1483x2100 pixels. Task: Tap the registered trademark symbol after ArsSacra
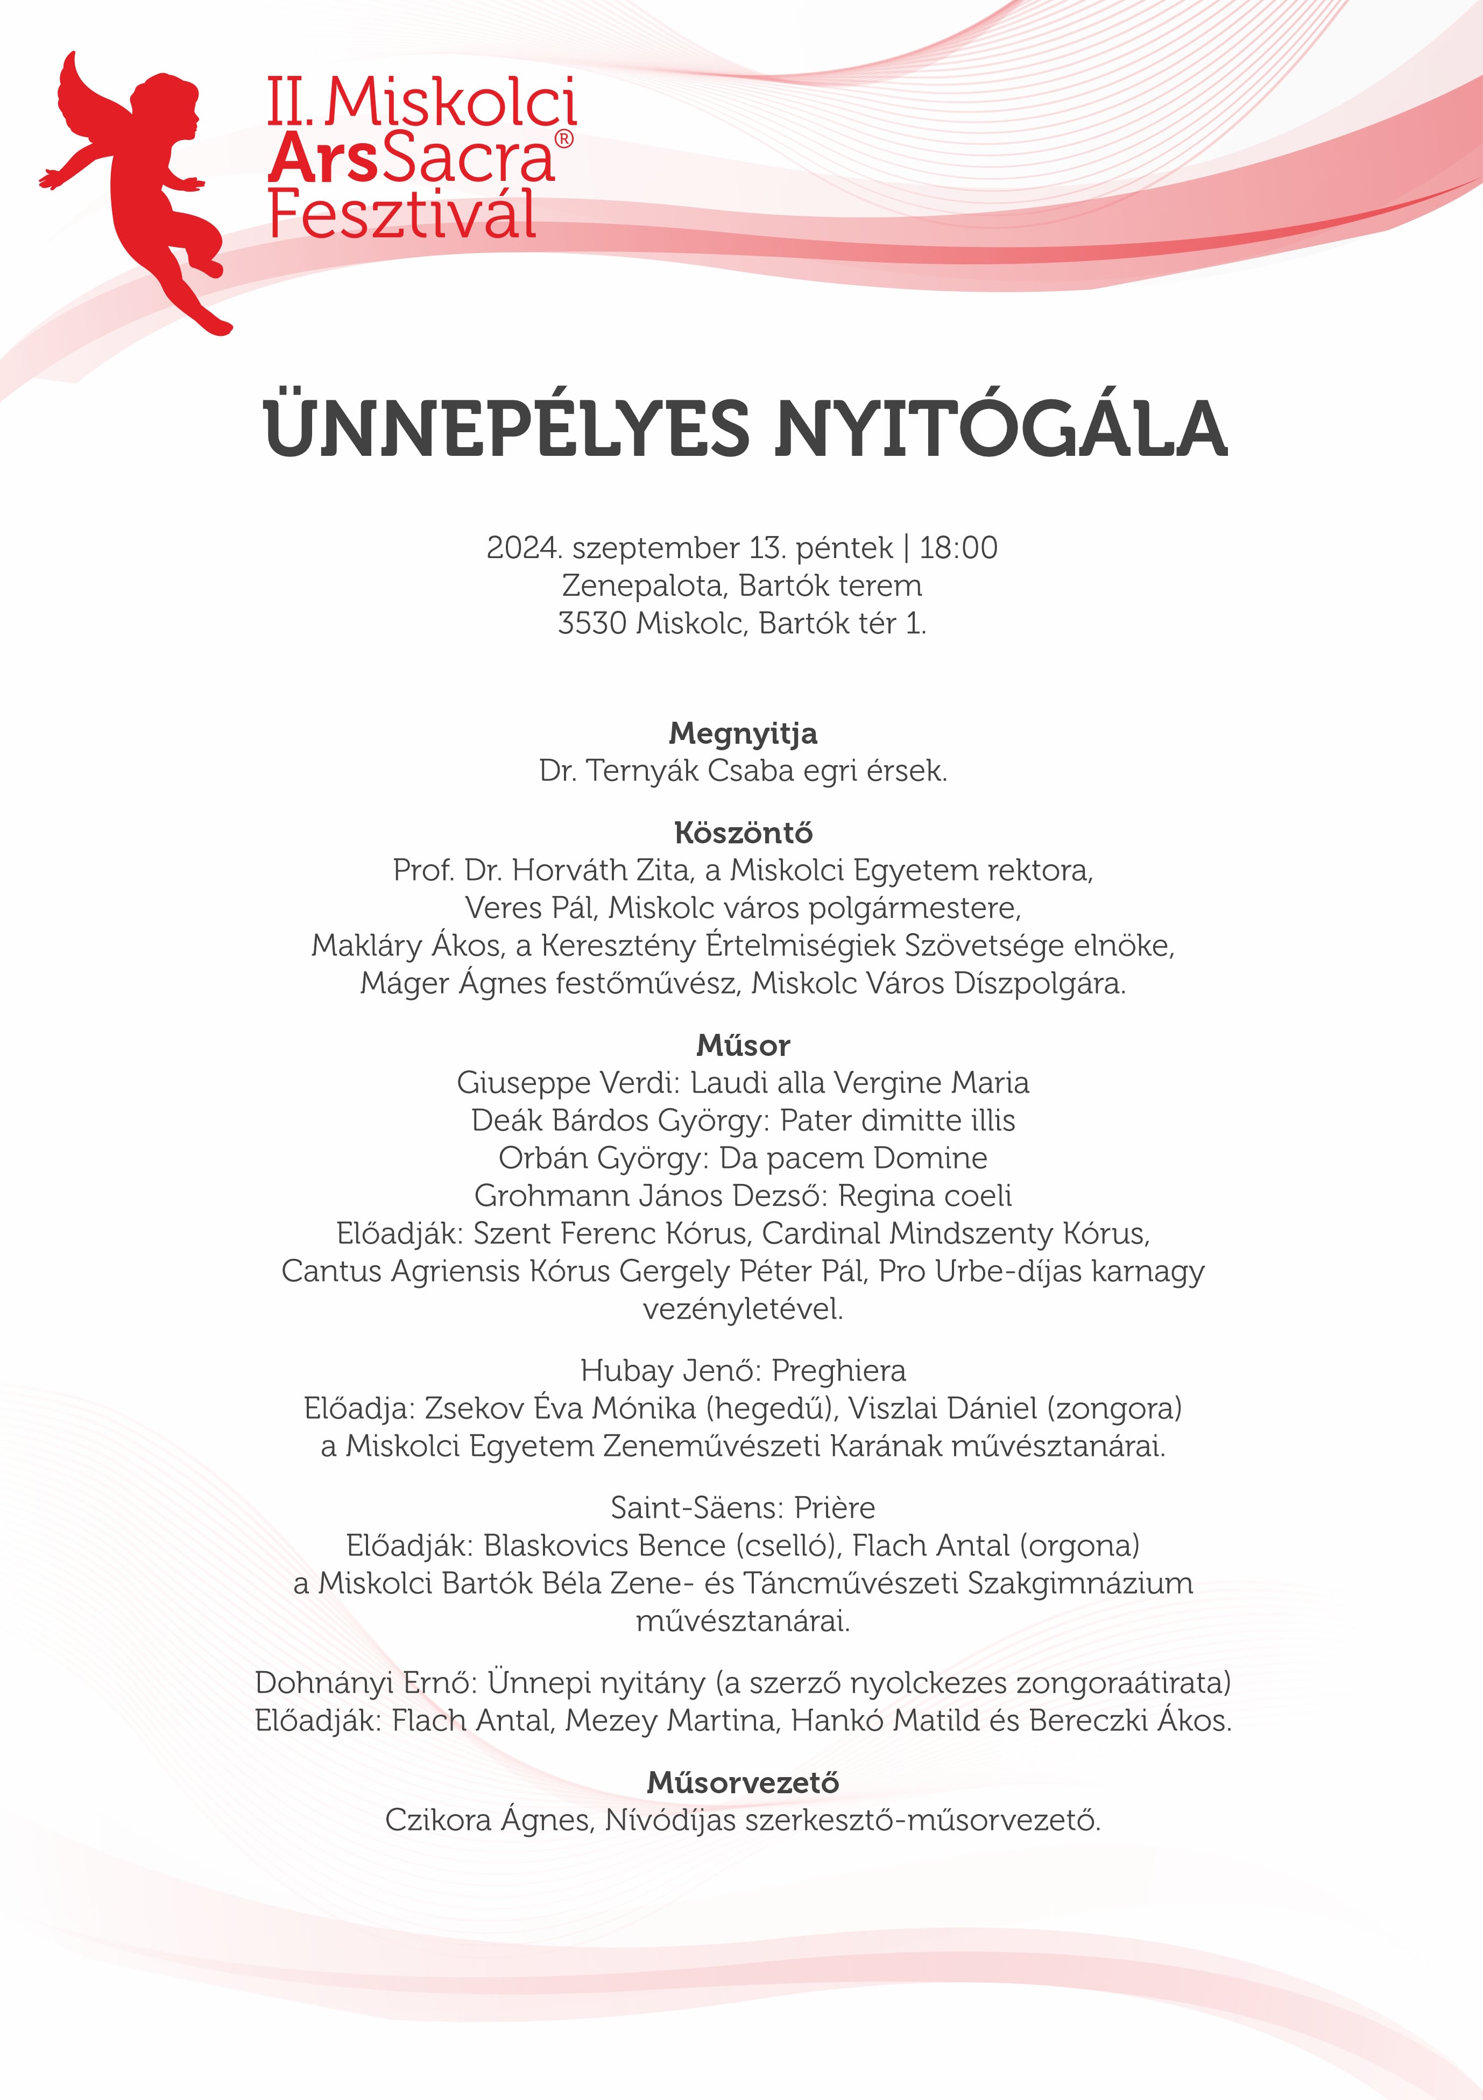tap(564, 139)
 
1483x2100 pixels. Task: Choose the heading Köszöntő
tap(743, 833)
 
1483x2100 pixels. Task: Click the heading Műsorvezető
tap(743, 1782)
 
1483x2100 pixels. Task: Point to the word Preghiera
tap(838, 1370)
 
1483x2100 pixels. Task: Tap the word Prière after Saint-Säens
tap(834, 1507)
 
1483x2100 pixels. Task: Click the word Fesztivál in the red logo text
tap(402, 215)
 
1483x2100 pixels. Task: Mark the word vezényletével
tap(743, 1309)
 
